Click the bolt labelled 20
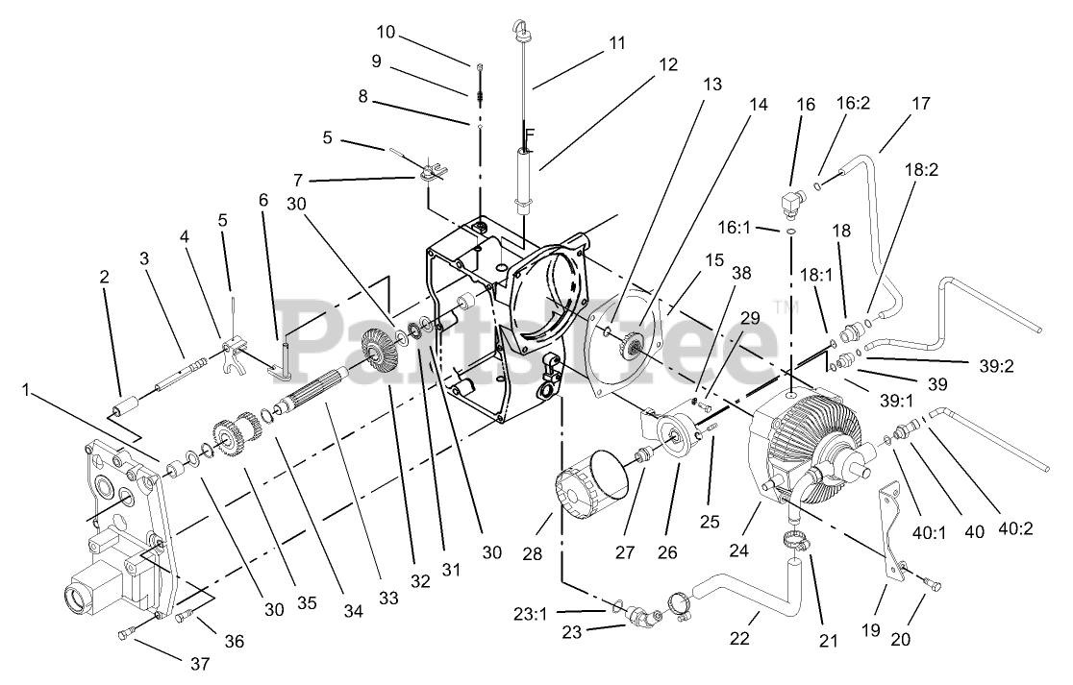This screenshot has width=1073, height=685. tap(932, 582)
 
